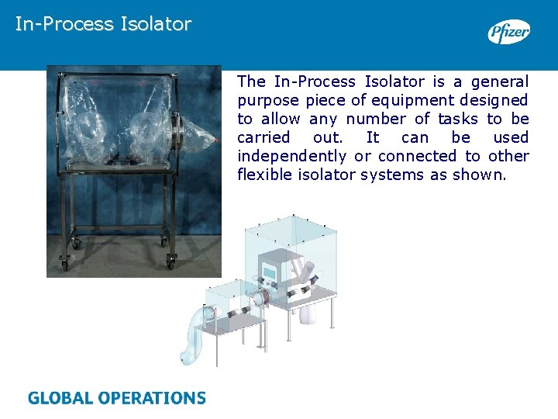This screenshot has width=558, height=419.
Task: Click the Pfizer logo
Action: point(508,32)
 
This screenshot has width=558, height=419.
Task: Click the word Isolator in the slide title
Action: point(156,24)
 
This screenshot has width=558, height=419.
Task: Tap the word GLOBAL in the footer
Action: point(61,399)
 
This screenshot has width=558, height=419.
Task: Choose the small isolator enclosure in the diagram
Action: point(232,303)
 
